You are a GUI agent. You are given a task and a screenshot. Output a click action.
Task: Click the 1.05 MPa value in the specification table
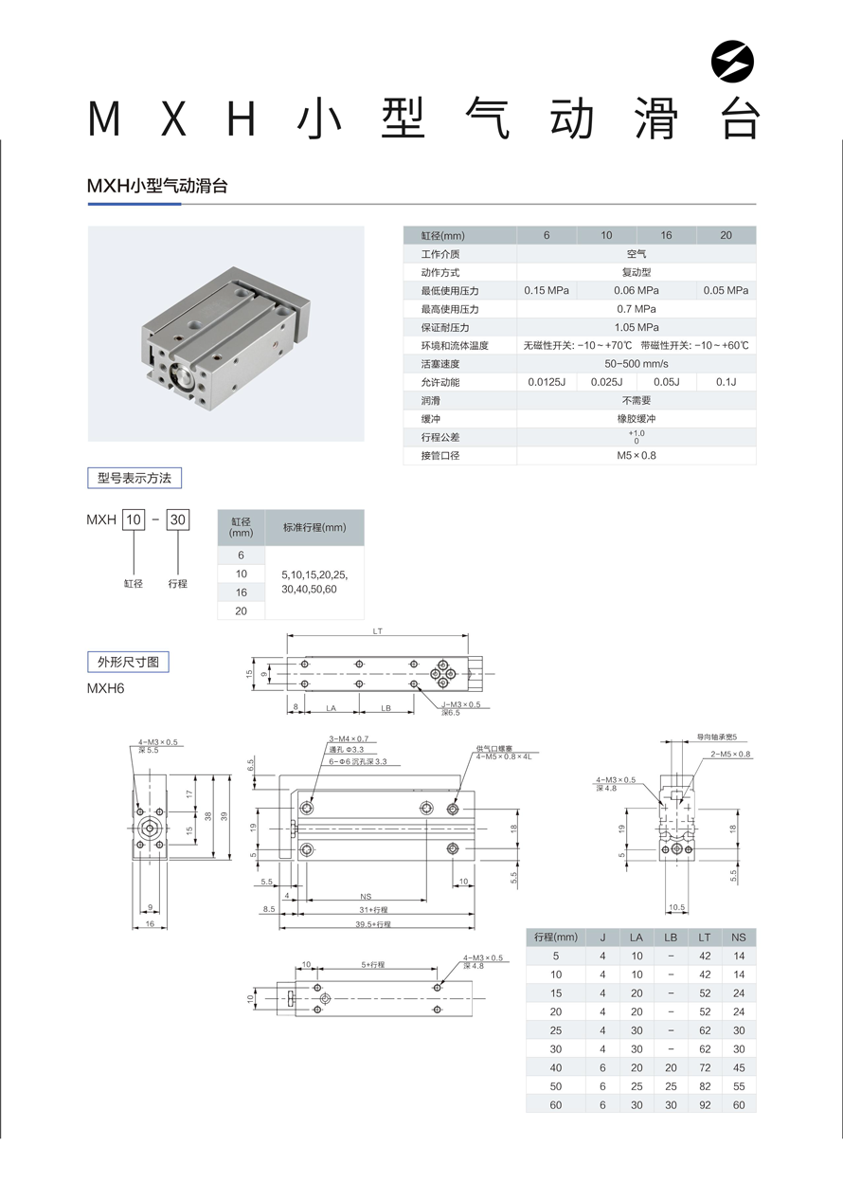pyautogui.click(x=637, y=327)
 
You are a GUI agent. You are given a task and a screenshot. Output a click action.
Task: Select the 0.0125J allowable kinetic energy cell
pyautogui.click(x=547, y=382)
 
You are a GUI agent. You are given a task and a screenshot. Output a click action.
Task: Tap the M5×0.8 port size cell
pyautogui.click(x=637, y=456)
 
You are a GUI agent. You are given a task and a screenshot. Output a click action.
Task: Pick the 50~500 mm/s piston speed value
pyautogui.click(x=637, y=364)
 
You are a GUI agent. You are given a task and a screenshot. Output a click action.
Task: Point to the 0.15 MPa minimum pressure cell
pyautogui.click(x=547, y=291)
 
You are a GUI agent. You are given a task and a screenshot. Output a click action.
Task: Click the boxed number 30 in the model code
pyautogui.click(x=178, y=519)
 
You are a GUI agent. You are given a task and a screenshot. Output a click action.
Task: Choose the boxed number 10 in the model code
pyautogui.click(x=134, y=519)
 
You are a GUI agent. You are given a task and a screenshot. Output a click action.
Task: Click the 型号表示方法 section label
pyautogui.click(x=134, y=479)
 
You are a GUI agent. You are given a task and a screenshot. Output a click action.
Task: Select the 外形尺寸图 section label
pyautogui.click(x=127, y=662)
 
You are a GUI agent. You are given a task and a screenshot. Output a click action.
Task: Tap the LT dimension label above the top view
pyautogui.click(x=377, y=630)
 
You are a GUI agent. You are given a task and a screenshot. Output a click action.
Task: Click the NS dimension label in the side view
pyautogui.click(x=366, y=896)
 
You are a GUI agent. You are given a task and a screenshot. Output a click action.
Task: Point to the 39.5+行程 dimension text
pyautogui.click(x=373, y=923)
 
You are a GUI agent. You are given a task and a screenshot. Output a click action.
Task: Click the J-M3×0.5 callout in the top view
pyautogui.click(x=461, y=704)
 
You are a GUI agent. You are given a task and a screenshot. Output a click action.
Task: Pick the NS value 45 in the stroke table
pyautogui.click(x=739, y=1068)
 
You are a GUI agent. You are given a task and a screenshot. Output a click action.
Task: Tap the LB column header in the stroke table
pyautogui.click(x=671, y=938)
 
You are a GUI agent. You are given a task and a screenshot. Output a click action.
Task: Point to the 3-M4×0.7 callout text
pyautogui.click(x=348, y=738)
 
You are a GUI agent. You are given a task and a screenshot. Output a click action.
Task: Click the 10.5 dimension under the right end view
pyautogui.click(x=676, y=907)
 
